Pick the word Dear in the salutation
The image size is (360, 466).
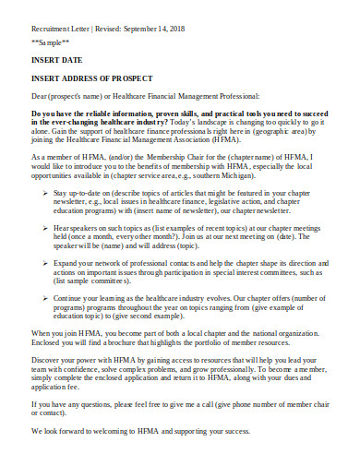tap(41, 94)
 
